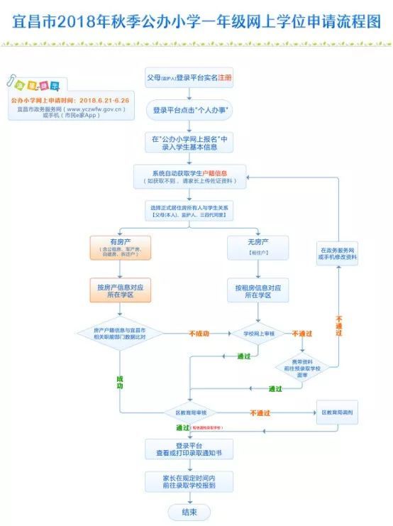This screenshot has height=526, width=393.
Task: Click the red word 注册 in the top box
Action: click(x=225, y=77)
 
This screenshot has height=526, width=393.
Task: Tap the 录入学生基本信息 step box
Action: click(x=189, y=143)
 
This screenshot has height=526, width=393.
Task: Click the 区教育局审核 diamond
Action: click(x=189, y=412)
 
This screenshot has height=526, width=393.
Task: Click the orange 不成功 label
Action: click(x=199, y=333)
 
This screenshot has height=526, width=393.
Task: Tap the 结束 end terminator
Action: click(x=189, y=512)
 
